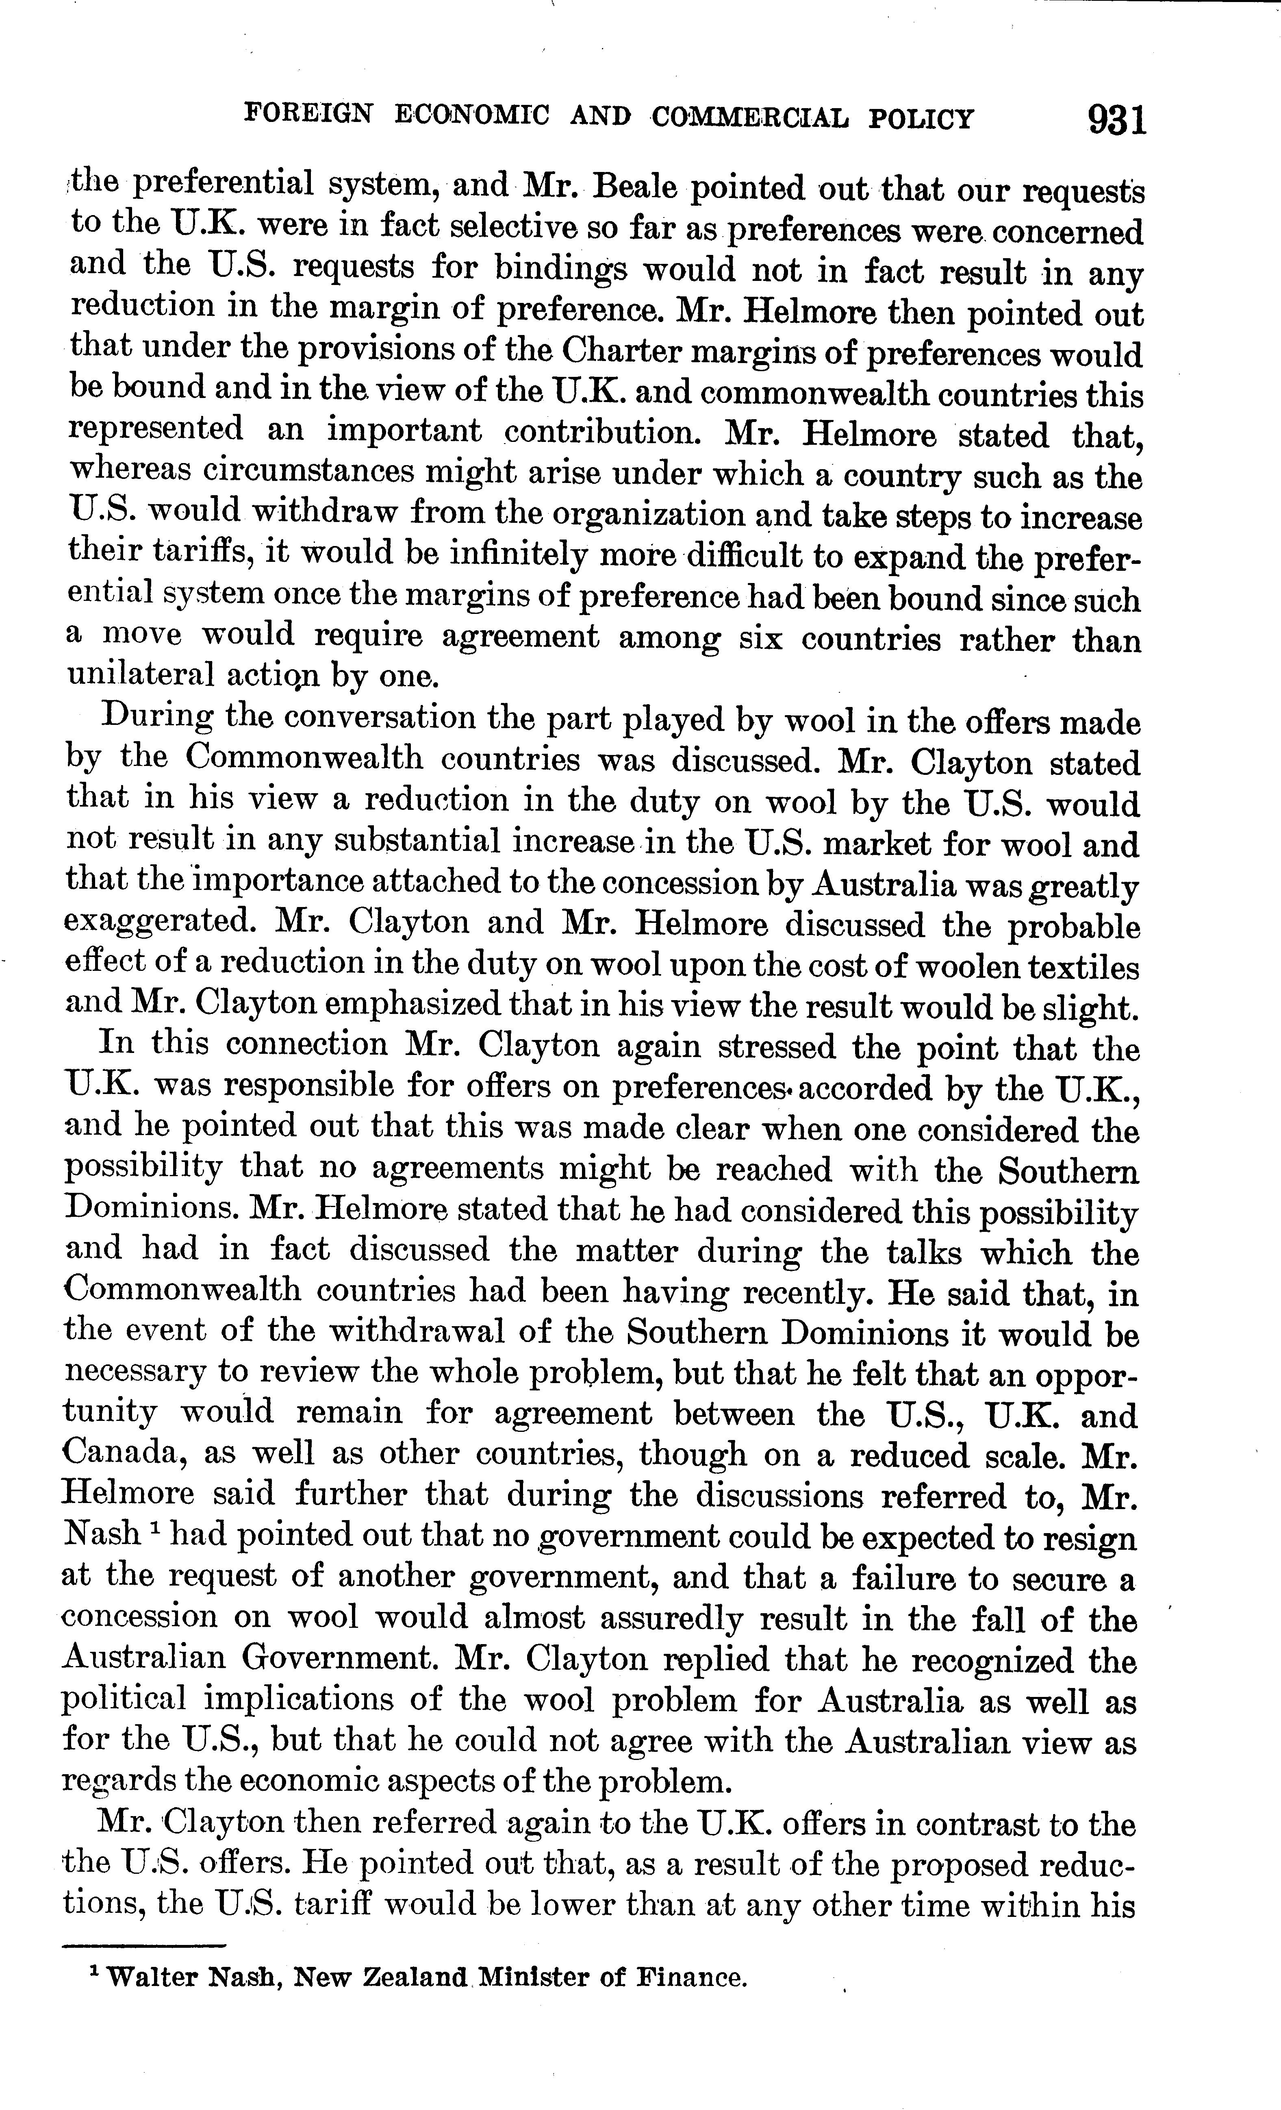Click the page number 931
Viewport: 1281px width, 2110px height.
tap(1116, 119)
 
